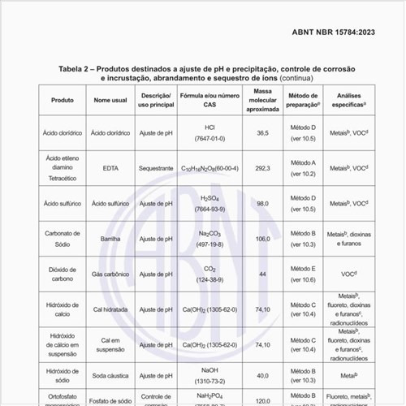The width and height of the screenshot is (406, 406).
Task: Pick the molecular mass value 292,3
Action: point(262,168)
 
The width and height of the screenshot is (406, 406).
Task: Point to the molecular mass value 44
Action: point(262,274)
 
